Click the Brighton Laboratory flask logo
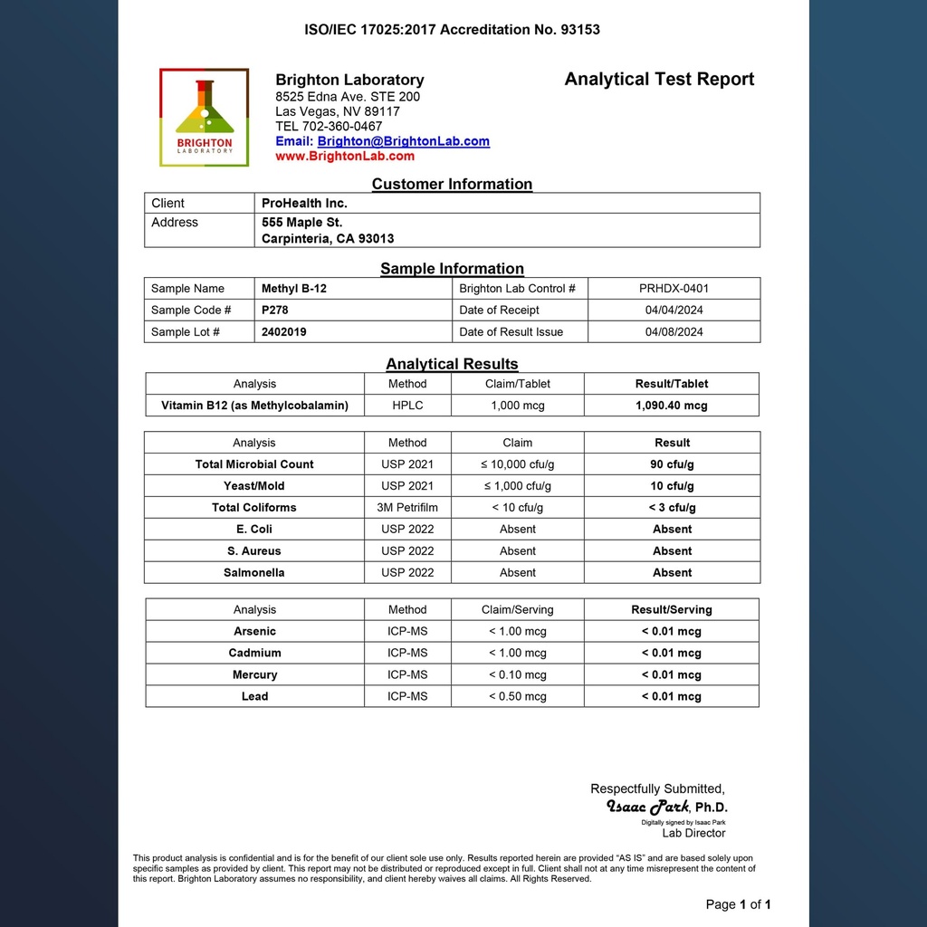pyautogui.click(x=204, y=117)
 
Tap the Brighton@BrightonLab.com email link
pyautogui.click(x=403, y=141)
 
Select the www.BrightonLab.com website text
pyautogui.click(x=345, y=156)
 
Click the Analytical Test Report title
pyautogui.click(x=659, y=79)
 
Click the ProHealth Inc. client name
pyautogui.click(x=304, y=203)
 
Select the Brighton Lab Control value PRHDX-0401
pyautogui.click(x=674, y=289)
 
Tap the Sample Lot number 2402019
pyautogui.click(x=284, y=332)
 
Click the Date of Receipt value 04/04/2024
pyautogui.click(x=674, y=311)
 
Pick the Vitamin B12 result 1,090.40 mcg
pyautogui.click(x=672, y=406)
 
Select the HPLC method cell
pyautogui.click(x=407, y=406)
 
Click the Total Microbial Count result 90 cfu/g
pyautogui.click(x=672, y=464)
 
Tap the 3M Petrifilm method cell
pyautogui.click(x=407, y=508)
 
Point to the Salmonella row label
pyautogui.click(x=253, y=573)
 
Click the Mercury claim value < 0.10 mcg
pyautogui.click(x=517, y=675)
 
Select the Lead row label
pyautogui.click(x=254, y=697)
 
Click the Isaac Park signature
pyautogui.click(x=649, y=807)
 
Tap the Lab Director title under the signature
pyautogui.click(x=693, y=834)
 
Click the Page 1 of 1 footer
pyautogui.click(x=738, y=904)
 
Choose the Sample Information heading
pyautogui.click(x=452, y=269)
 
